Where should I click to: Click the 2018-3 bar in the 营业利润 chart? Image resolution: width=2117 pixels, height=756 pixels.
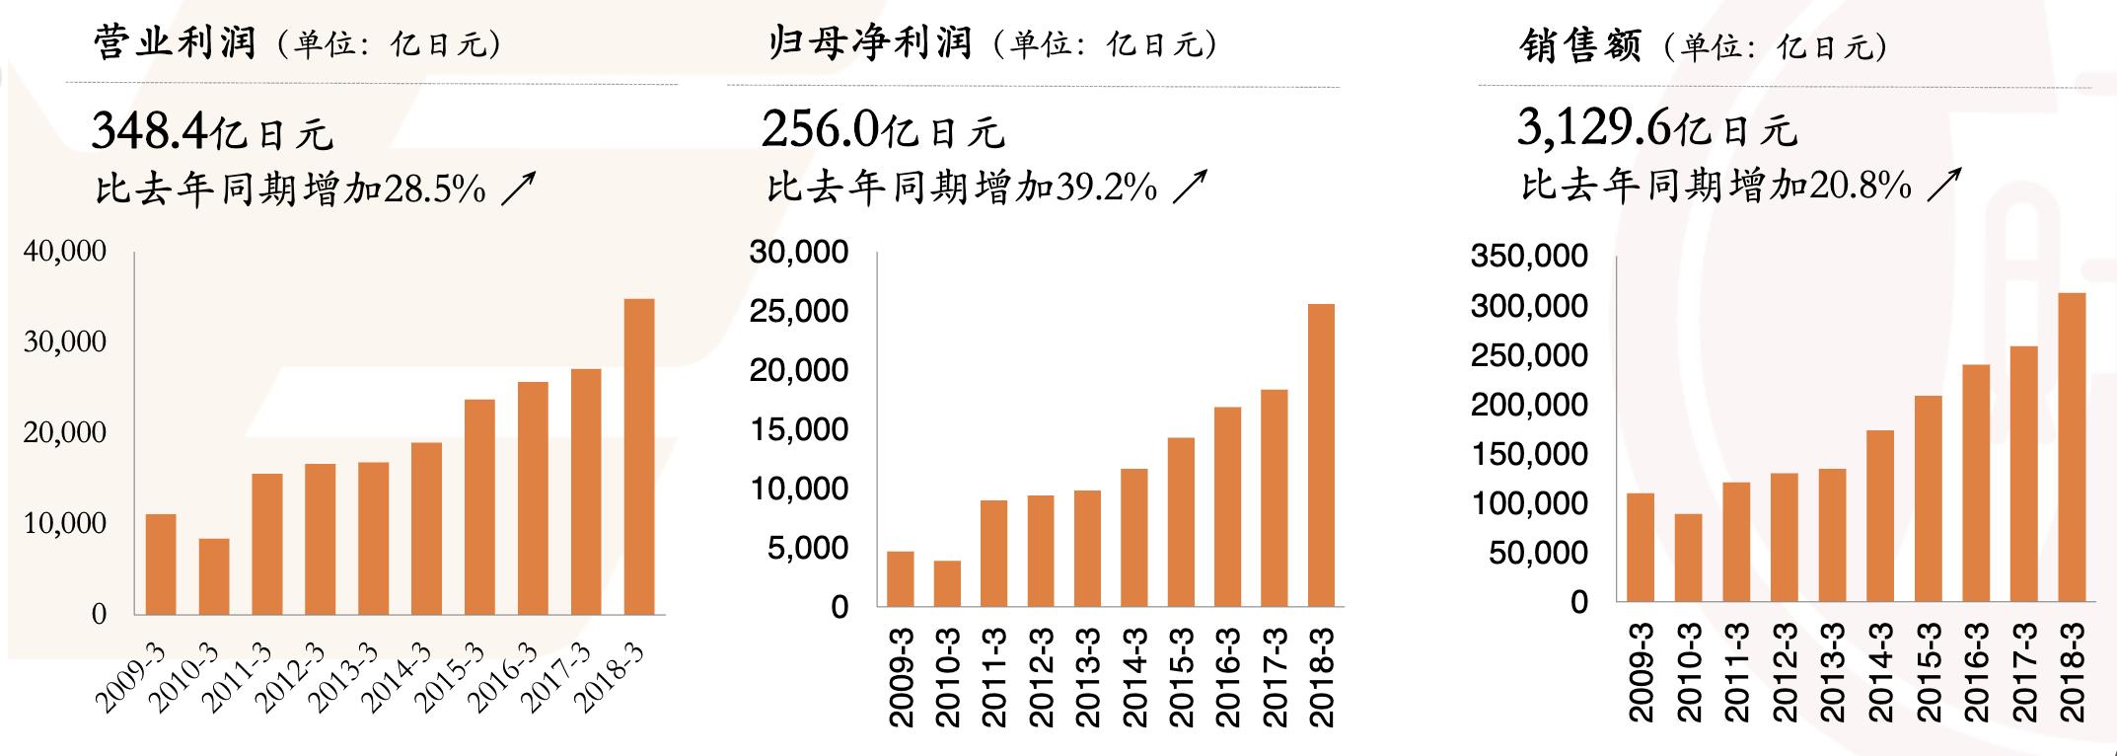[x=639, y=456]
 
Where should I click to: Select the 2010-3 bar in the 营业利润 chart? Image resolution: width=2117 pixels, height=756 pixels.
[x=214, y=576]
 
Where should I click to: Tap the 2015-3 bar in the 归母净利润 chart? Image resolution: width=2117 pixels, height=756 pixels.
[x=1180, y=522]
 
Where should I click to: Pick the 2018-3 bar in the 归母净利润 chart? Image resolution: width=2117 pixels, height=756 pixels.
[x=1321, y=455]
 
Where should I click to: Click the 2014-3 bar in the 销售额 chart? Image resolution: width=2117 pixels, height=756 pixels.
[x=1880, y=515]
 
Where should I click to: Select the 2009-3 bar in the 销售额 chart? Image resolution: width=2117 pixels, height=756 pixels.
[x=1641, y=547]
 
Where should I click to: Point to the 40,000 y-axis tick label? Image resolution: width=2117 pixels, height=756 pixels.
[x=65, y=252]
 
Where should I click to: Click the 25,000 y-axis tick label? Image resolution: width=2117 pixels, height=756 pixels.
[x=798, y=312]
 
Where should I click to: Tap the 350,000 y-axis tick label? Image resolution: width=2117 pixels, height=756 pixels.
[x=1529, y=257]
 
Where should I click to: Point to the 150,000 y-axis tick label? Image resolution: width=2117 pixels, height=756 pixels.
[x=1529, y=454]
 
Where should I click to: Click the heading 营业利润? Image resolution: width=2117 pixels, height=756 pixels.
[x=176, y=43]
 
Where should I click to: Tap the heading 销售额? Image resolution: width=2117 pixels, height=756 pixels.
[x=1579, y=45]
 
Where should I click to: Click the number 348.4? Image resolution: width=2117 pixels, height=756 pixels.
[x=149, y=130]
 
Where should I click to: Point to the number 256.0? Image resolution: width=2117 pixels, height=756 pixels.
[x=820, y=130]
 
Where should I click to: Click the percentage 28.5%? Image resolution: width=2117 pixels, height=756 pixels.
[x=434, y=188]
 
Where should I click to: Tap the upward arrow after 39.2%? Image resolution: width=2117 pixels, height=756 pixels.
[x=1190, y=186]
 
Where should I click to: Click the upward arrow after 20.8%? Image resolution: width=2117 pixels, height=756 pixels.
[x=1943, y=186]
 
